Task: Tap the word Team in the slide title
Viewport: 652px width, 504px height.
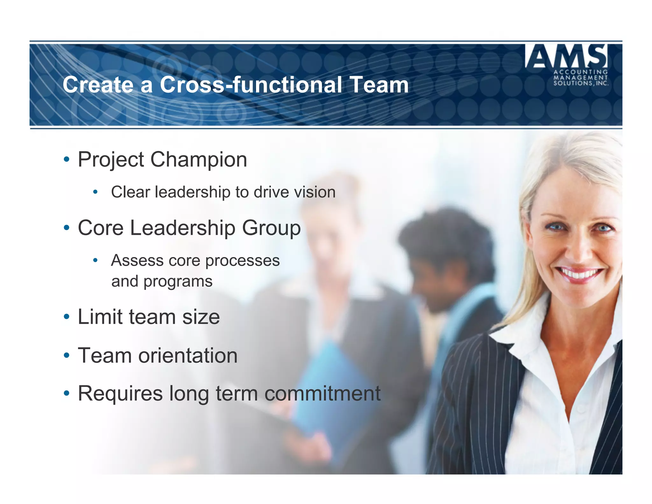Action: point(379,85)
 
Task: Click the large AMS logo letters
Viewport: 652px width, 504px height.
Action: point(566,56)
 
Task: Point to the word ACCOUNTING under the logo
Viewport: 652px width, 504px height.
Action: point(581,72)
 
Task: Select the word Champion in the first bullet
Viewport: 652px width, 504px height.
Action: point(198,160)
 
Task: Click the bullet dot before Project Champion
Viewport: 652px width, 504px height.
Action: point(67,159)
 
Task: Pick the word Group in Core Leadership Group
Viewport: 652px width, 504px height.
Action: point(271,228)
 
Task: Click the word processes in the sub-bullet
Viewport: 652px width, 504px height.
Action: point(242,261)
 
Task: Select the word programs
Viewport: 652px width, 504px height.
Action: point(178,282)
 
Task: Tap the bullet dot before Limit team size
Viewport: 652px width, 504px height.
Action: point(67,317)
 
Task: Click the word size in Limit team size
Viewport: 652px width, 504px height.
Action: point(201,317)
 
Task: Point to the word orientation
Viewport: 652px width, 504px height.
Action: point(188,356)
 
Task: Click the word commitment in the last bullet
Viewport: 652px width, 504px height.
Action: point(322,393)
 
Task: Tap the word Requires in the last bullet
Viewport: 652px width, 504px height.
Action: point(120,393)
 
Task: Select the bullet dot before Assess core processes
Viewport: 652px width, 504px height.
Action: point(95,261)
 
